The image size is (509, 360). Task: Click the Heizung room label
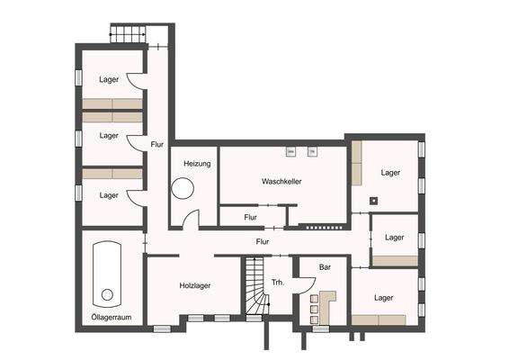point(197,164)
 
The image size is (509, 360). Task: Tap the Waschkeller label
point(281,181)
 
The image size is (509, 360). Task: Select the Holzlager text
point(194,285)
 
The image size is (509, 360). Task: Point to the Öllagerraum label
point(110,318)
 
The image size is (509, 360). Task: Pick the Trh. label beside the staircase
point(278,282)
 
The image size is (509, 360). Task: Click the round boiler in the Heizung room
point(184,190)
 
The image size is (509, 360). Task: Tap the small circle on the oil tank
point(107,294)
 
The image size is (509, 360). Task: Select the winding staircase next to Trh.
point(254,287)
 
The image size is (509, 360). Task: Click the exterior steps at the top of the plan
point(127,35)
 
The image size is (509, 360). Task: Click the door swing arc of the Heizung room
point(192,220)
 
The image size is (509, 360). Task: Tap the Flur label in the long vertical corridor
point(156,143)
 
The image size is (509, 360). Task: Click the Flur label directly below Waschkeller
point(250,217)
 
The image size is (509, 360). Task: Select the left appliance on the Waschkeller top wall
point(290,151)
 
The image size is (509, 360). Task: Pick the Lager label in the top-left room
point(109,79)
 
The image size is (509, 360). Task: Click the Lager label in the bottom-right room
point(384,297)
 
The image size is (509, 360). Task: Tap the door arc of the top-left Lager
point(133,82)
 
